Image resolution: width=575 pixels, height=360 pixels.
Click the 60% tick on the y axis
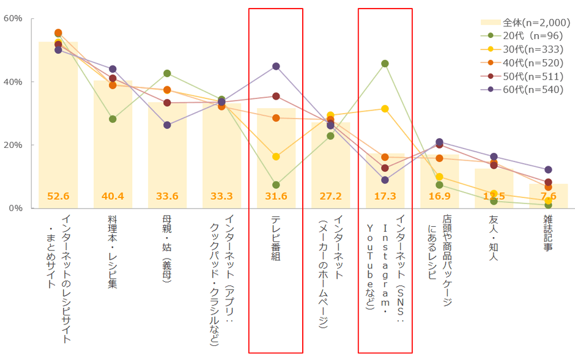click(13, 18)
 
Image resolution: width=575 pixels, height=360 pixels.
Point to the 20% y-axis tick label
click(13, 145)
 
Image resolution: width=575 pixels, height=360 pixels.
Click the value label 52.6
click(58, 196)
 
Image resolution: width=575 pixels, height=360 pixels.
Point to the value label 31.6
click(276, 196)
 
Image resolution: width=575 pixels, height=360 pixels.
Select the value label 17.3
click(385, 196)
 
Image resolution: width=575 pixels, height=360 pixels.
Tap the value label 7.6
click(548, 196)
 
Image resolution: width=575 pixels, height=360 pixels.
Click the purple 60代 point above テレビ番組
click(276, 66)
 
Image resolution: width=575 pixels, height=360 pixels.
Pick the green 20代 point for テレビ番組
click(276, 185)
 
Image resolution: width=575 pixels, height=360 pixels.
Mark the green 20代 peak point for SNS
click(385, 64)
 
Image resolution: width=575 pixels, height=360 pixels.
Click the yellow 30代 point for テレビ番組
click(276, 156)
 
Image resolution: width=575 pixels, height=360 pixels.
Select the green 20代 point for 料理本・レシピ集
click(113, 119)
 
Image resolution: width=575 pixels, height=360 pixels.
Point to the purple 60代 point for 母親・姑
click(167, 125)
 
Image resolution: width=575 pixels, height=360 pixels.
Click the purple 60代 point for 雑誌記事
click(548, 169)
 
